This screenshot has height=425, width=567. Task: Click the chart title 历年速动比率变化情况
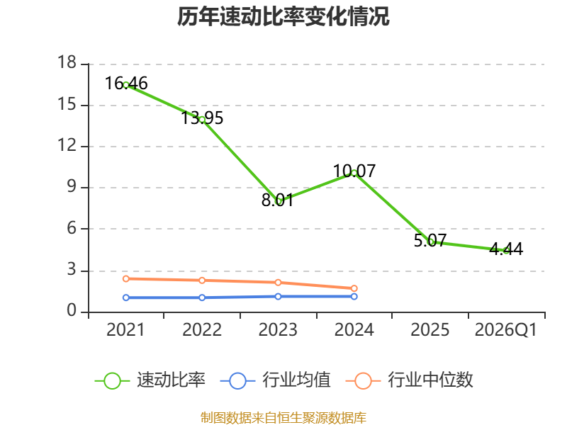point(283,16)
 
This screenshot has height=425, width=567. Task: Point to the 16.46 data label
point(126,84)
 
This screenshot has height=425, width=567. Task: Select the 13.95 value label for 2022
point(202,118)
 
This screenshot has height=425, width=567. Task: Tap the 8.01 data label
point(278,200)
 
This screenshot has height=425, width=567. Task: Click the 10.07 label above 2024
point(354,171)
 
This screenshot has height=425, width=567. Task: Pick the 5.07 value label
point(430,241)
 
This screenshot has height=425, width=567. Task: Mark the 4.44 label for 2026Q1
point(506,249)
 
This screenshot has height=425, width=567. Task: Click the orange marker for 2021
point(126,278)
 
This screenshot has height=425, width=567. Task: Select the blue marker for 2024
point(354,296)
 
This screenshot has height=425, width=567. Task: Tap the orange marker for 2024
point(354,288)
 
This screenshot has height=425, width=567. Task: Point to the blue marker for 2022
point(202,297)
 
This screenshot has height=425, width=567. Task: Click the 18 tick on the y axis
point(67,62)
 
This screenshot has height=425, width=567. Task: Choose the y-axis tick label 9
point(72,186)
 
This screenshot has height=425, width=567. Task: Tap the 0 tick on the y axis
point(72,310)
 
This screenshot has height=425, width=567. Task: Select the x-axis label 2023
point(278,330)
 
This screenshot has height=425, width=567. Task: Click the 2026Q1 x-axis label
point(506,330)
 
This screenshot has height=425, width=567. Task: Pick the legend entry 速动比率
point(150,380)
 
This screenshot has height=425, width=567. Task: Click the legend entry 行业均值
point(276,380)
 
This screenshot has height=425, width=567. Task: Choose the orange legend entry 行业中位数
point(410,380)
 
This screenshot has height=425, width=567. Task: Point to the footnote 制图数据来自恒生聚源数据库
point(283,418)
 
